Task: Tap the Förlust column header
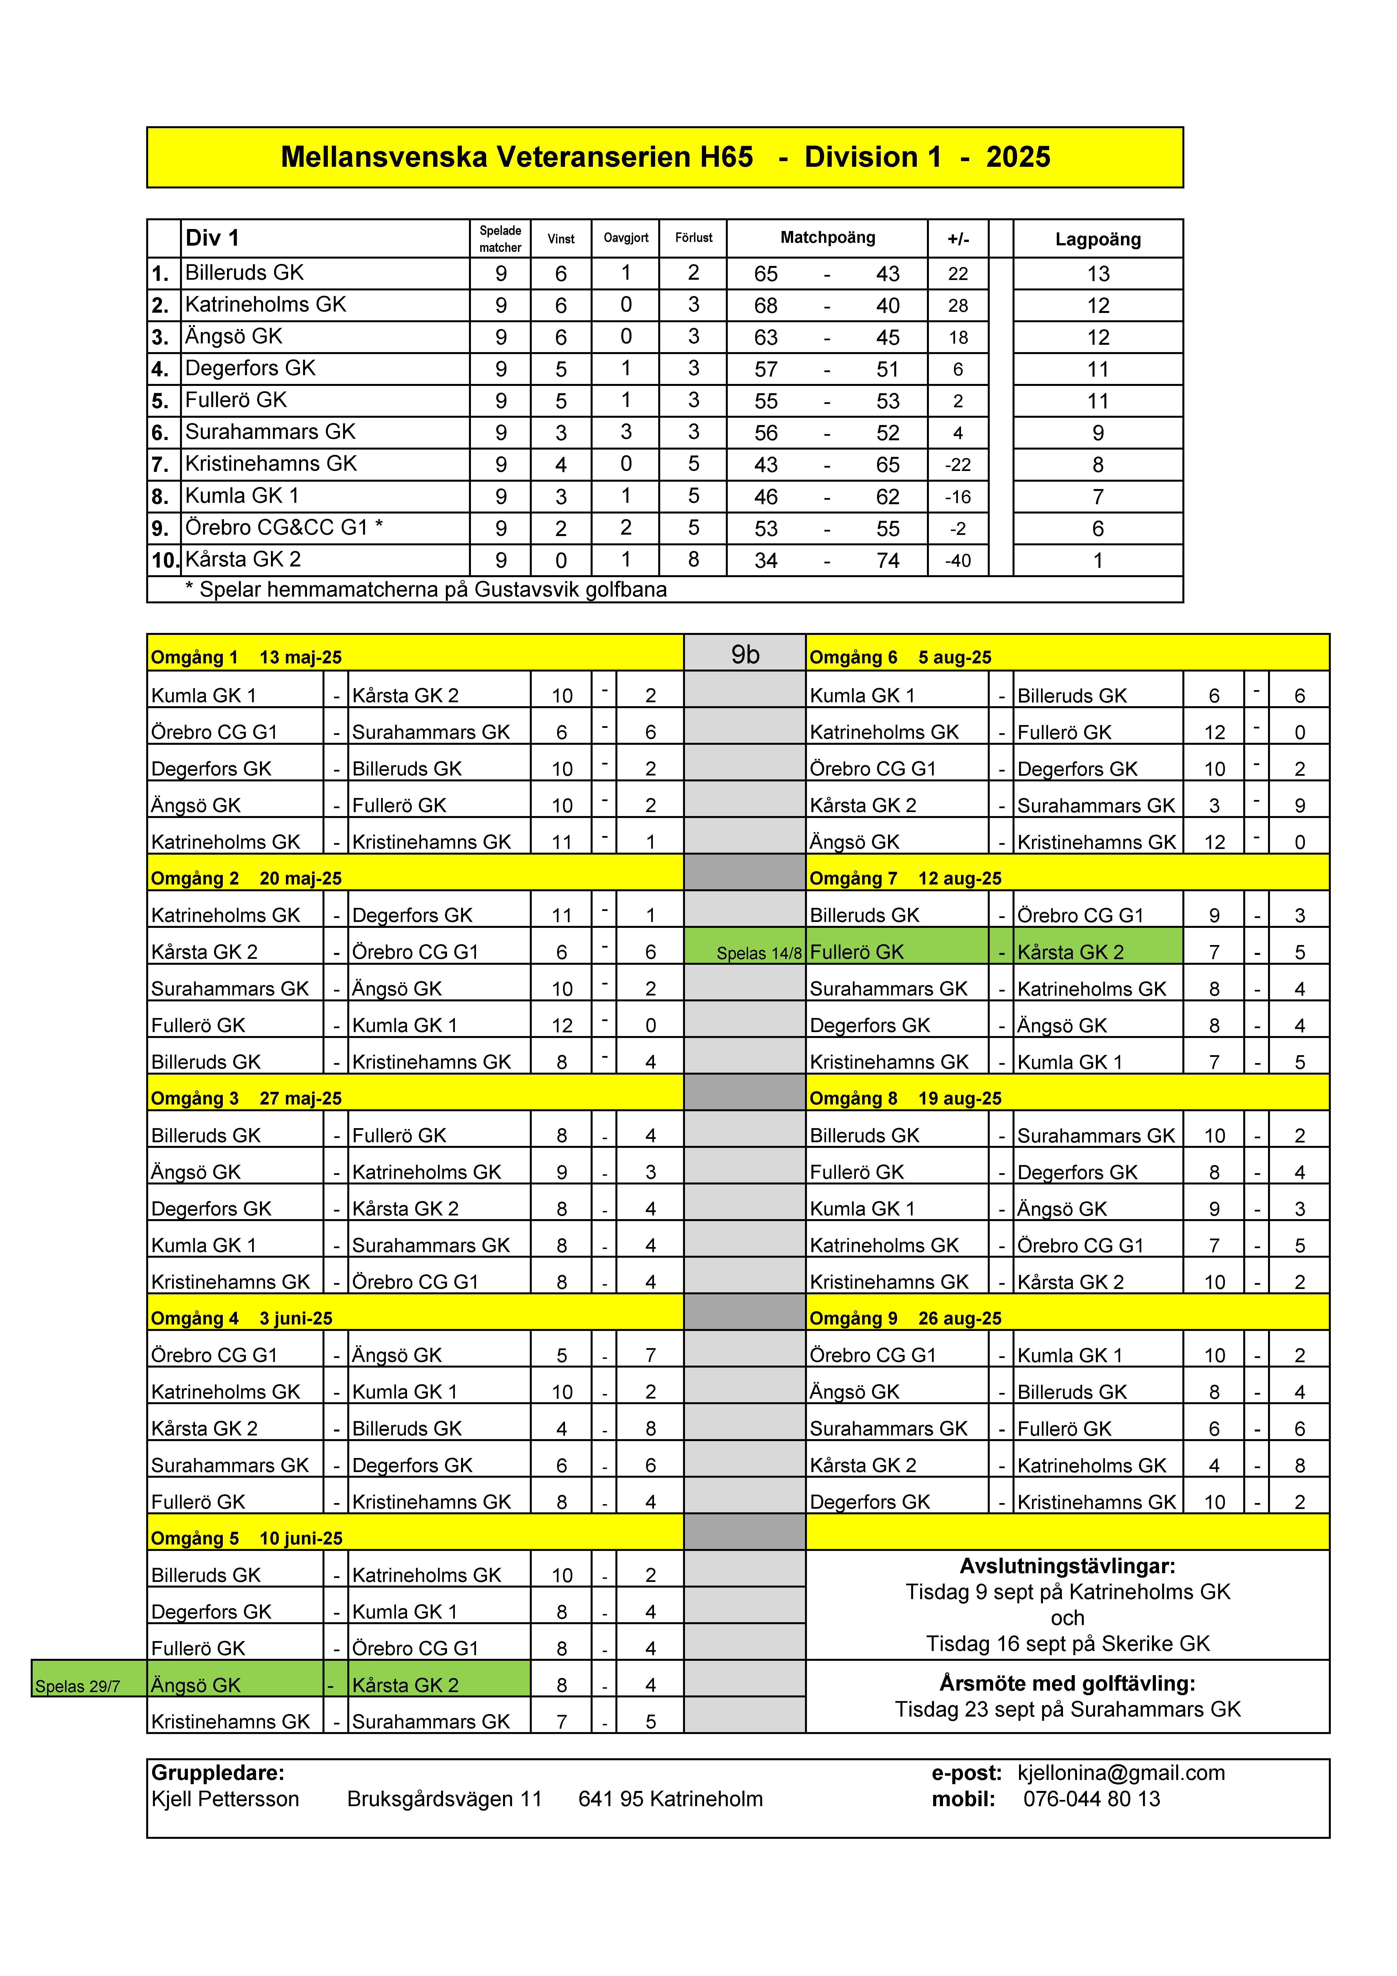(693, 237)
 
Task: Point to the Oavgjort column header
(626, 237)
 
